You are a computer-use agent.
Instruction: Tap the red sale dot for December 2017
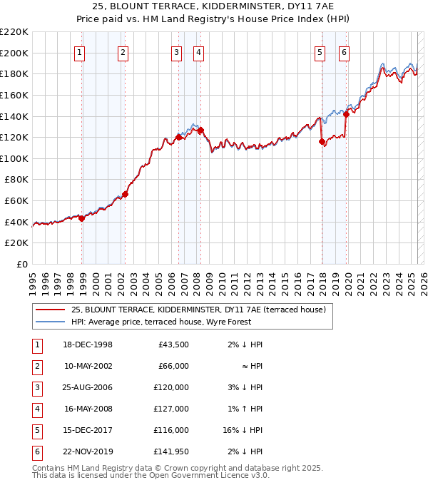click(x=322, y=141)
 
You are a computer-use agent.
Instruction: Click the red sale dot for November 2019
click(x=346, y=114)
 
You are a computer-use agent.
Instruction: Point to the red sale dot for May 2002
click(x=125, y=194)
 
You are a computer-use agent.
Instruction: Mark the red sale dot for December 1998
click(x=81, y=218)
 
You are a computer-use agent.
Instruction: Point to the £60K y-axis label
click(x=16, y=201)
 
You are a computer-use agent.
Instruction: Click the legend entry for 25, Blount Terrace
click(x=198, y=310)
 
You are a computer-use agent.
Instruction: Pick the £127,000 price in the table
click(x=172, y=409)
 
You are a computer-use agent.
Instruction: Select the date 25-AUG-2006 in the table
click(x=88, y=387)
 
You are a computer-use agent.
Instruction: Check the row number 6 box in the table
click(x=35, y=451)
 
